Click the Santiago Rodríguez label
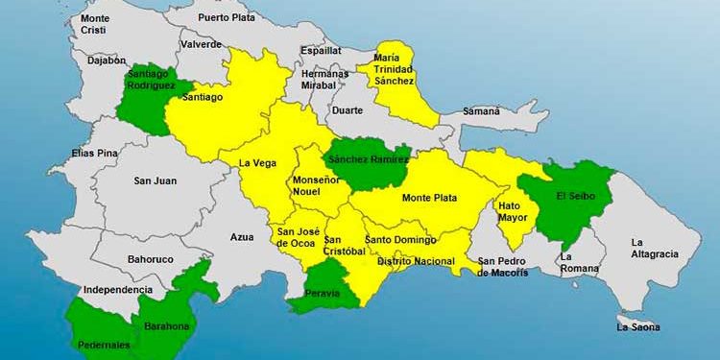coord(151,80)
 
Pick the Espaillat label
coord(321,50)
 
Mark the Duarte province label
coord(347,110)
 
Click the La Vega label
coord(257,162)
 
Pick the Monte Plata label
coord(429,198)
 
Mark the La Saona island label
coord(638,327)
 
